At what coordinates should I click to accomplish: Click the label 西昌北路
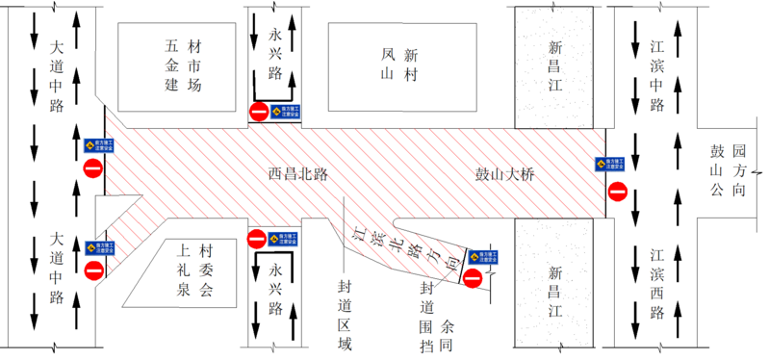298,175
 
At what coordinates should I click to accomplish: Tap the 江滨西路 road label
658,283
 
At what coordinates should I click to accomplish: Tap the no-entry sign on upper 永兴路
259,112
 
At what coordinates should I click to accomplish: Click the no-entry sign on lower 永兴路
257,238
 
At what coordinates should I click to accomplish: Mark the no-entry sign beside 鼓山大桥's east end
617,192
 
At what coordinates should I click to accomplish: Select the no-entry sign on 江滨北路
473,278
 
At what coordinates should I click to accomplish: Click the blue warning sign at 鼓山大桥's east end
607,164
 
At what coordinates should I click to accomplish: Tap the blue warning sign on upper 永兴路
281,112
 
